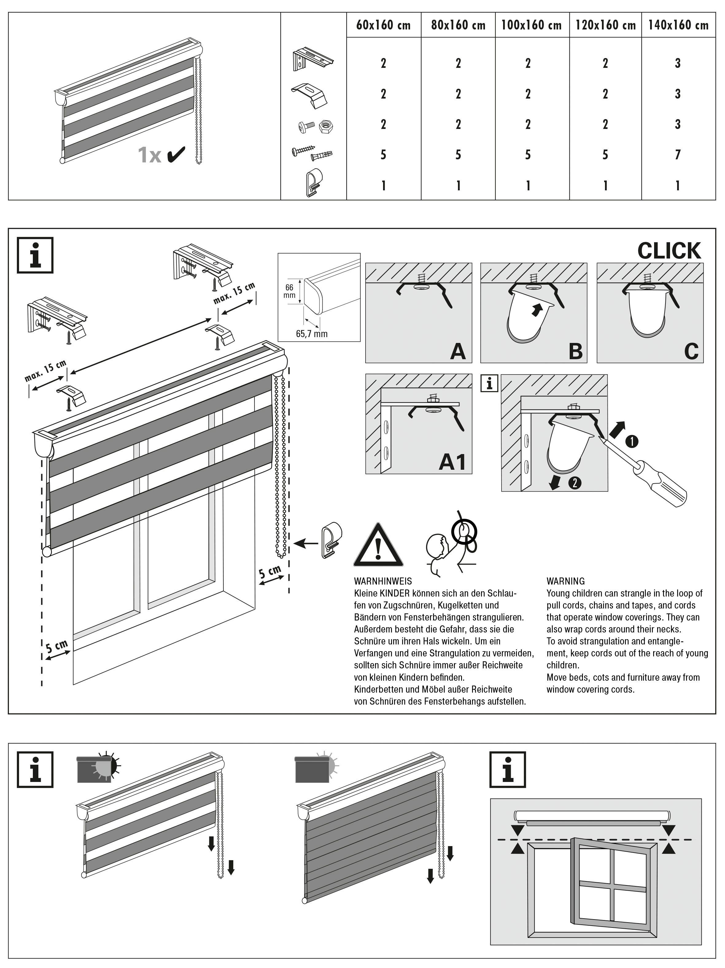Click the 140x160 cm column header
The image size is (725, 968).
coord(678,25)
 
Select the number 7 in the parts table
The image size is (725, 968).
coord(678,154)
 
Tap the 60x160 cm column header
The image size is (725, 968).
coord(383,25)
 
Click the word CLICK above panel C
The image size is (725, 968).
coord(669,251)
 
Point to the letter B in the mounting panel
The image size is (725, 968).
coord(575,351)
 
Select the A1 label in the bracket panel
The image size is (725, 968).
coord(452,462)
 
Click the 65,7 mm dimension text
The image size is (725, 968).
coord(312,334)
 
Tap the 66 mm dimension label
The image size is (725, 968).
coord(289,291)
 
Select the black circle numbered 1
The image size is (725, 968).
coord(632,441)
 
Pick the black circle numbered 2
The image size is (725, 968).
coord(575,483)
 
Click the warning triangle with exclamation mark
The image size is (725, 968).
coord(378,547)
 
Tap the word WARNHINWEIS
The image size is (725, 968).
coord(383,581)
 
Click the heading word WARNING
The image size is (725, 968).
coord(565,581)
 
